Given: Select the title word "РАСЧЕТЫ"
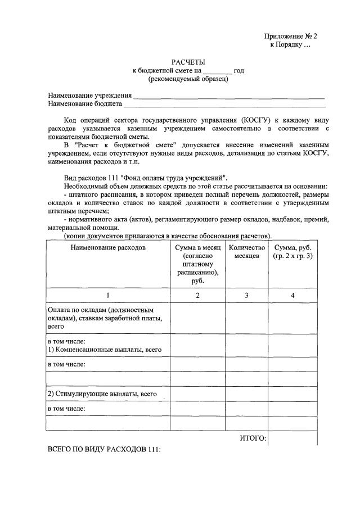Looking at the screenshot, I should pyautogui.click(x=188, y=62).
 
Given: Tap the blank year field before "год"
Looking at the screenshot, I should pyautogui.click(x=217, y=71).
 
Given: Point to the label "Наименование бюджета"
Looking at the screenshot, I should pyautogui.click(x=85, y=104).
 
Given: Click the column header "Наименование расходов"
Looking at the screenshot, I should pyautogui.click(x=108, y=247).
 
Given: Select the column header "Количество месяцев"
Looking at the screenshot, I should pyautogui.click(x=246, y=252).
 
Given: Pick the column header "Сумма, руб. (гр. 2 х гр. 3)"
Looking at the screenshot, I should pyautogui.click(x=292, y=252).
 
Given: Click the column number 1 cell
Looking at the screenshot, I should pyautogui.click(x=108, y=295).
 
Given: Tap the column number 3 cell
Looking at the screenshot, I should pyautogui.click(x=246, y=295).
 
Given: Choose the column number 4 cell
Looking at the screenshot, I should pyautogui.click(x=292, y=295).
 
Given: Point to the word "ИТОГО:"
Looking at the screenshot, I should pyautogui.click(x=253, y=438).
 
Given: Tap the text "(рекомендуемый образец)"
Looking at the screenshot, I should pyautogui.click(x=188, y=79).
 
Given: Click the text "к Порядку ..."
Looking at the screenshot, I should pyautogui.click(x=290, y=44).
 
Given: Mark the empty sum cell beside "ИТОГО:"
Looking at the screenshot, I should pyautogui.click(x=292, y=438).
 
